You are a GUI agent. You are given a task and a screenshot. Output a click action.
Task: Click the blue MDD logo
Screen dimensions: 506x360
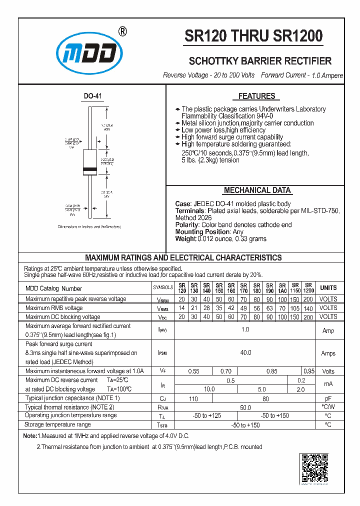(89, 53)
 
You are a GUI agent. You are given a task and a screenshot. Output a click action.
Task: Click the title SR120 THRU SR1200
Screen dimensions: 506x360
(253, 36)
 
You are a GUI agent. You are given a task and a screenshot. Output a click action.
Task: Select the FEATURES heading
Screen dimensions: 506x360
(256, 96)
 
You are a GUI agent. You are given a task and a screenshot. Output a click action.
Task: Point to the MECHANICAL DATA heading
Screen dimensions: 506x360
(257, 190)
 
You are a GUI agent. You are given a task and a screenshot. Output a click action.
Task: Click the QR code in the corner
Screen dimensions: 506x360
(314, 468)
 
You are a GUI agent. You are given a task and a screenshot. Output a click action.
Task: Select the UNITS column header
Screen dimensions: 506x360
(328, 288)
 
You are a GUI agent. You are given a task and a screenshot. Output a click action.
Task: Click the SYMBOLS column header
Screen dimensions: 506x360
(162, 288)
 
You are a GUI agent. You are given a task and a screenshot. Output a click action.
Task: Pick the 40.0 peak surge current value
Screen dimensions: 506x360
(245, 353)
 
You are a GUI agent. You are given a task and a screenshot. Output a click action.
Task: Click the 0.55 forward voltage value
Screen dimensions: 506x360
(193, 371)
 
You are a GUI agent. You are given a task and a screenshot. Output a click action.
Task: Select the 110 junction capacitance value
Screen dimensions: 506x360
(193, 399)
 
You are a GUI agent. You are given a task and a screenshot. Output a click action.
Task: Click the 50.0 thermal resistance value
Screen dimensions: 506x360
(245, 408)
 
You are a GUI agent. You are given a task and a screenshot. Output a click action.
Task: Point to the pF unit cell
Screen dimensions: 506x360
(328, 399)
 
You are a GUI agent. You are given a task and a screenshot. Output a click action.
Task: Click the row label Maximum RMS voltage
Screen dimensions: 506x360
(54, 308)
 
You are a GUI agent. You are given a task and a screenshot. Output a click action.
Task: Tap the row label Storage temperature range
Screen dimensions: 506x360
(57, 424)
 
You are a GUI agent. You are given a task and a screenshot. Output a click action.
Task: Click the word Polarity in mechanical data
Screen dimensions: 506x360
(187, 225)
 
